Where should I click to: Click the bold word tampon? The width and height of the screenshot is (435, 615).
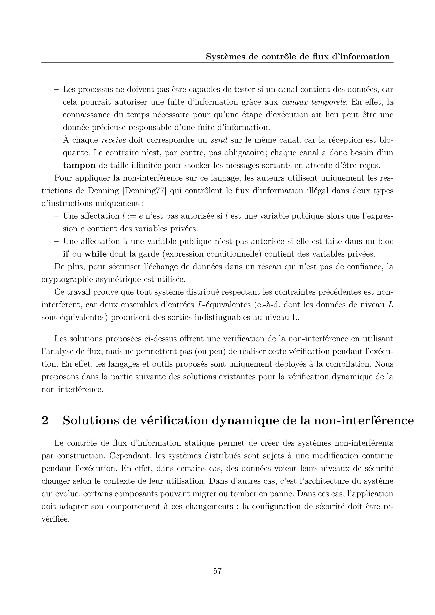pyautogui.click(x=79, y=165)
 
